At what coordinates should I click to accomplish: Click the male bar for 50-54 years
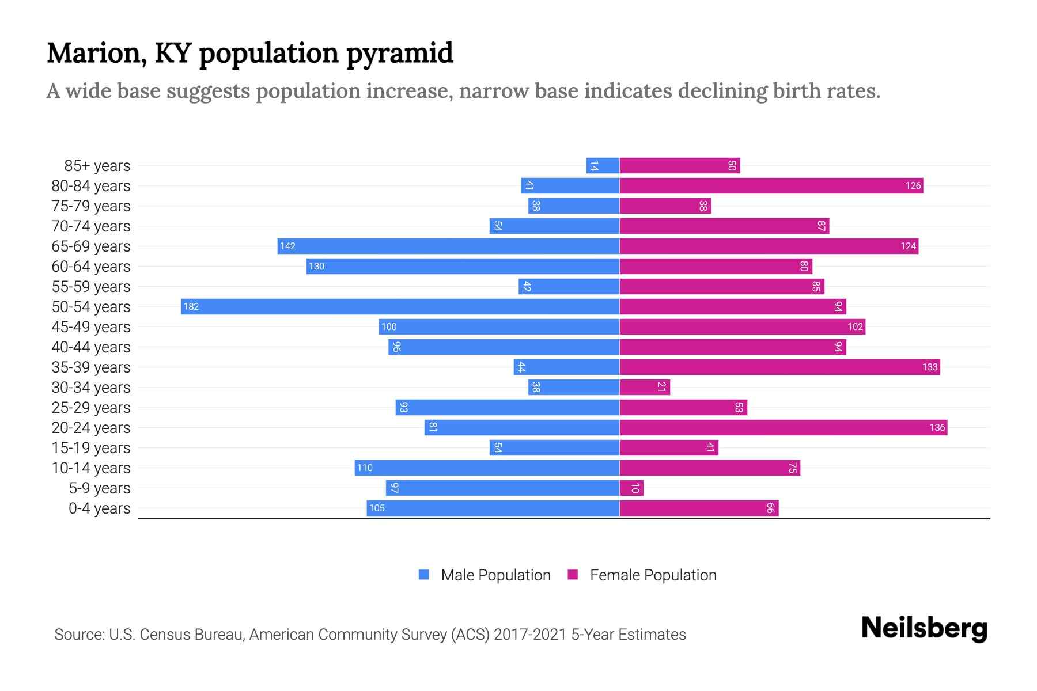point(400,306)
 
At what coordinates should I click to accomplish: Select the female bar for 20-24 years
point(783,427)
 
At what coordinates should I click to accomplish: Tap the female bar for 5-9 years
point(631,488)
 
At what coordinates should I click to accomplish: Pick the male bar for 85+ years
point(603,166)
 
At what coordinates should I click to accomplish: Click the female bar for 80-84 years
point(771,185)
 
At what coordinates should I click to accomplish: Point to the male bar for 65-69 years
point(448,246)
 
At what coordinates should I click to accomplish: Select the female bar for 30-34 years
point(645,387)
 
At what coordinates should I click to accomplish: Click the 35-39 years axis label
point(91,367)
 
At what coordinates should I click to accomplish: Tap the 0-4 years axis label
point(99,508)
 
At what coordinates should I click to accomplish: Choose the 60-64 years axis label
point(91,267)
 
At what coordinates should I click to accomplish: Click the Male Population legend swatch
point(424,575)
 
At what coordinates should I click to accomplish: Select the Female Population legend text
point(653,575)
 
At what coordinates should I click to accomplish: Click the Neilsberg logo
point(924,628)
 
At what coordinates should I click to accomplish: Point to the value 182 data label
point(191,307)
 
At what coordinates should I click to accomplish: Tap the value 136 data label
point(937,427)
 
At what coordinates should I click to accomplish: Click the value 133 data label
point(930,367)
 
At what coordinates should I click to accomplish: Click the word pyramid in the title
point(400,53)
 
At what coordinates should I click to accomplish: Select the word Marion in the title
point(93,53)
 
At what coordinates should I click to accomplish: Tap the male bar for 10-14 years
point(487,468)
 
